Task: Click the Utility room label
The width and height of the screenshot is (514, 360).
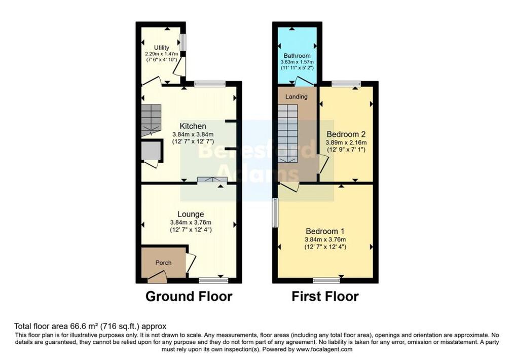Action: pyautogui.click(x=162, y=48)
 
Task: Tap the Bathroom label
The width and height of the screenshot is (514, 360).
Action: pyautogui.click(x=297, y=56)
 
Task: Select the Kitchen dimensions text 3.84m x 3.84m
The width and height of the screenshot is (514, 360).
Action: pyautogui.click(x=193, y=134)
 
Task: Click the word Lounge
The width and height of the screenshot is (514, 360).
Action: pyautogui.click(x=191, y=214)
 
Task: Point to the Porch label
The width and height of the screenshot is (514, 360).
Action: pyautogui.click(x=163, y=263)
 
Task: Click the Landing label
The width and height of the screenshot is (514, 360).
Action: pyautogui.click(x=297, y=97)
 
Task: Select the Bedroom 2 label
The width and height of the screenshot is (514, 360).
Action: pyautogui.click(x=346, y=134)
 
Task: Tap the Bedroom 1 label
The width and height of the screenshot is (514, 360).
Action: pyautogui.click(x=325, y=231)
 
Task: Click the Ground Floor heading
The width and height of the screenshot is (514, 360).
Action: pyautogui.click(x=189, y=297)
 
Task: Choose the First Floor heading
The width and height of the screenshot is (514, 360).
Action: pyautogui.click(x=325, y=297)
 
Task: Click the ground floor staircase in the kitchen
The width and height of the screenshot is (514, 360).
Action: pyautogui.click(x=152, y=120)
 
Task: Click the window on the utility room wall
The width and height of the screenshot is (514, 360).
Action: pyautogui.click(x=183, y=42)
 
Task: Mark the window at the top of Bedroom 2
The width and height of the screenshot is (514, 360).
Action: pyautogui.click(x=344, y=84)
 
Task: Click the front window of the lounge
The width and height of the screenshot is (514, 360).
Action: pyautogui.click(x=213, y=280)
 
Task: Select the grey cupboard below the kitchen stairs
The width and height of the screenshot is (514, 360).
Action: pyautogui.click(x=152, y=151)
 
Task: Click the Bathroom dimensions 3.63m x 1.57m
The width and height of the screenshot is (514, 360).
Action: pyautogui.click(x=297, y=62)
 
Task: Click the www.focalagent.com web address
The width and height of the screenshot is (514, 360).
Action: pyautogui.click(x=324, y=349)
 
